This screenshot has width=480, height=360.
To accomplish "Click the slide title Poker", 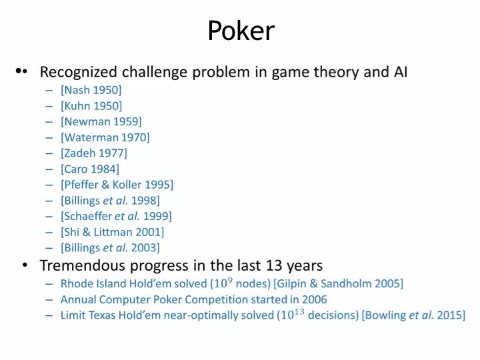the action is pyautogui.click(x=241, y=31).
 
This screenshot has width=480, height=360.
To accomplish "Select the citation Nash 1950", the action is pyautogui.click(x=91, y=90).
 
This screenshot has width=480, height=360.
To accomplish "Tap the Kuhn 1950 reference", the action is pyautogui.click(x=91, y=106).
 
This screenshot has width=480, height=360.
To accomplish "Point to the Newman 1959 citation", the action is pyautogui.click(x=101, y=121).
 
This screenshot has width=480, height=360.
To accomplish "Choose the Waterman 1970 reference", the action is pyautogui.click(x=105, y=137).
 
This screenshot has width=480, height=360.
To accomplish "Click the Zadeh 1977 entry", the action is pyautogui.click(x=94, y=153).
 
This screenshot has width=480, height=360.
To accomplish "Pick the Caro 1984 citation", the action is pyautogui.click(x=90, y=169).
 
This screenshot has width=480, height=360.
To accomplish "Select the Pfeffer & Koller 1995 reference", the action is pyautogui.click(x=117, y=185).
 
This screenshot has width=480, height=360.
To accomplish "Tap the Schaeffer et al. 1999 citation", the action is pyautogui.click(x=116, y=216).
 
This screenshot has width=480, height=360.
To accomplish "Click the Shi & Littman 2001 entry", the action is pyautogui.click(x=113, y=232).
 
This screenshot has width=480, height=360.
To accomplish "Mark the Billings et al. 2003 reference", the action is pyautogui.click(x=110, y=247).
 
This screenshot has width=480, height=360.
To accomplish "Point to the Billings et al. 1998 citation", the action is pyautogui.click(x=110, y=201).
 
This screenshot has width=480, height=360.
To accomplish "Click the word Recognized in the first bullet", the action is pyautogui.click(x=79, y=73).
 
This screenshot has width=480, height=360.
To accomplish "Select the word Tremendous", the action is pyautogui.click(x=83, y=265).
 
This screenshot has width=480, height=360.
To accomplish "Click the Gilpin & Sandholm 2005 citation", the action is pyautogui.click(x=338, y=284).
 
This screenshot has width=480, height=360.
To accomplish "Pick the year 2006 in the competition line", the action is pyautogui.click(x=315, y=299).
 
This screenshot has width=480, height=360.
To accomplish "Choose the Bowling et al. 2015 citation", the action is pyautogui.click(x=413, y=315).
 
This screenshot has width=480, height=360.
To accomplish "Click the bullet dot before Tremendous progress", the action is pyautogui.click(x=25, y=265).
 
